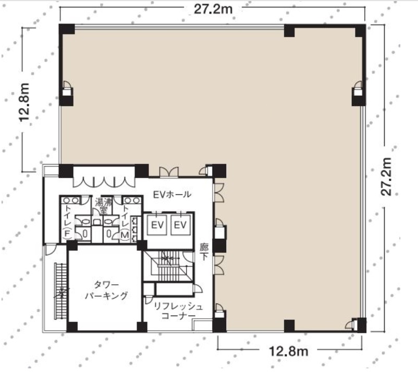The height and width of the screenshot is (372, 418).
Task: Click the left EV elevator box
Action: click(x=157, y=225)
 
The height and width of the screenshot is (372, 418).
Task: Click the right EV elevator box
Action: click(x=180, y=225)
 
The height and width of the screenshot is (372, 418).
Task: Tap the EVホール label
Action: click(x=172, y=194)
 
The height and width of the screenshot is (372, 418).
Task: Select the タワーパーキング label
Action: click(x=106, y=290)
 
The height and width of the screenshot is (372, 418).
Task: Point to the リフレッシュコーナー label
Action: click(x=178, y=311)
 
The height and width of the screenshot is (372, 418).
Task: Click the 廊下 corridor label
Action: click(x=204, y=252)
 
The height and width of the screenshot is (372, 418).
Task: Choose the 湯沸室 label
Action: click(x=103, y=205)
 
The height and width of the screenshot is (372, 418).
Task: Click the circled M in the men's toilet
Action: click(x=125, y=235)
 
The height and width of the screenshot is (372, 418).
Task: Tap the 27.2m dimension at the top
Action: click(x=213, y=9)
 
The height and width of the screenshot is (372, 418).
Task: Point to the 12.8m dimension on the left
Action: click(x=24, y=102)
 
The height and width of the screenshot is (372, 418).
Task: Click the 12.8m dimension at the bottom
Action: click(x=289, y=351)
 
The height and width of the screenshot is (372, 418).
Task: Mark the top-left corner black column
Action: click(x=67, y=29)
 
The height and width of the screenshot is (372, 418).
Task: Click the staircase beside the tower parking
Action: click(x=61, y=291)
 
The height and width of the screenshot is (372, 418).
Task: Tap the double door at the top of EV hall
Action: click(x=169, y=172)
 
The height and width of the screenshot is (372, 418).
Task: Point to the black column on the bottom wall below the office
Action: click(x=289, y=326)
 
